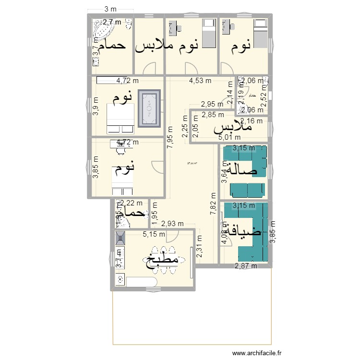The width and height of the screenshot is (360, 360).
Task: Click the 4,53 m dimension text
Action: coord(200,81)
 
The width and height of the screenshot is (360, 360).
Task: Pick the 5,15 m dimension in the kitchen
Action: coord(154,234)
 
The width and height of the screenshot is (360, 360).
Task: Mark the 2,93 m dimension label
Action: coord(172,223)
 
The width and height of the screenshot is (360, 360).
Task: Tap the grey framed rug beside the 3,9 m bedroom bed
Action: coord(149,108)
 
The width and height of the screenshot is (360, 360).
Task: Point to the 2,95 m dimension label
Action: coord(212,104)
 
